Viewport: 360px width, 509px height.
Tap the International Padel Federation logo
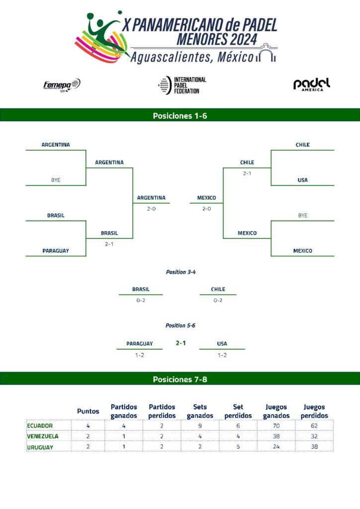181,85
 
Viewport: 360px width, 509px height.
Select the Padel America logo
312,85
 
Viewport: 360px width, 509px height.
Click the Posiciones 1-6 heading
180,116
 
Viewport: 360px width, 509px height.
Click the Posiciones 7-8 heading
180,379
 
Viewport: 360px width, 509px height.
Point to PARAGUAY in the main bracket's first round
56,251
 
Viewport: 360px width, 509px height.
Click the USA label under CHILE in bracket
303,180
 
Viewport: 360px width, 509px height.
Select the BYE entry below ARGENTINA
56,180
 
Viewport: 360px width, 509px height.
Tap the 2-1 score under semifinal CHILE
247,173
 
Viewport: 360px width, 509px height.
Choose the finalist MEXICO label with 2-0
206,198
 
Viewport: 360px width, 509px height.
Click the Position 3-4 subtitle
180,272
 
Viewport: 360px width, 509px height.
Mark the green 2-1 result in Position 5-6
181,343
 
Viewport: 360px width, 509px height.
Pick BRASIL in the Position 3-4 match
141,289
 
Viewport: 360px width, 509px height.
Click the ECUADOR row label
40,425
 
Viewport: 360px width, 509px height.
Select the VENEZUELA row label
42,436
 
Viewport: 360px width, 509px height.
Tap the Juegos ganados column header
276,411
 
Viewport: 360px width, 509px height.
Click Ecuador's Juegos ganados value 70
276,425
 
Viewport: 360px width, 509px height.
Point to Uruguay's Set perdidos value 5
238,447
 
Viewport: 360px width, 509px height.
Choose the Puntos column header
88,412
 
